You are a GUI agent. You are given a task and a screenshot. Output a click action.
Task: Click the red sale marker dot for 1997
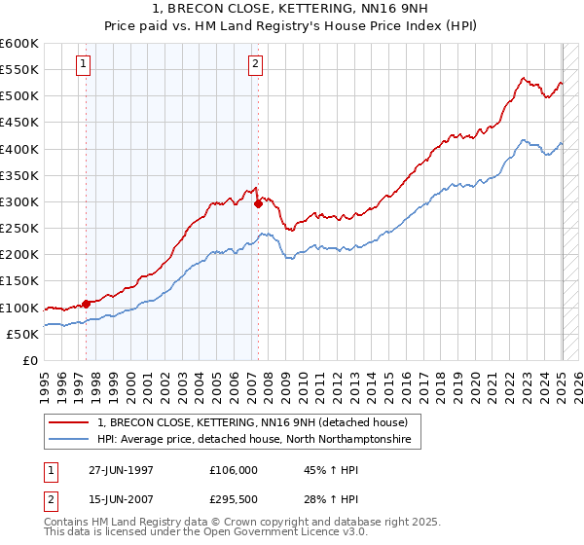87,304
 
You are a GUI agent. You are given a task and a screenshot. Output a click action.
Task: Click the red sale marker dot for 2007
258,204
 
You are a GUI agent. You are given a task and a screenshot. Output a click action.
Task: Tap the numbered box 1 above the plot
83,65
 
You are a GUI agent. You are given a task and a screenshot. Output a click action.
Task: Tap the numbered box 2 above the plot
255,65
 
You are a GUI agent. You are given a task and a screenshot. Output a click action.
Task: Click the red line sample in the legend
69,422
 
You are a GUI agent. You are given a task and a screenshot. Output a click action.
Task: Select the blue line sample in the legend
69,440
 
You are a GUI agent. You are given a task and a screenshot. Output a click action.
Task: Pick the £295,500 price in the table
233,500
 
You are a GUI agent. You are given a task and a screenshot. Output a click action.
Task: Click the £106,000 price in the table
233,469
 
